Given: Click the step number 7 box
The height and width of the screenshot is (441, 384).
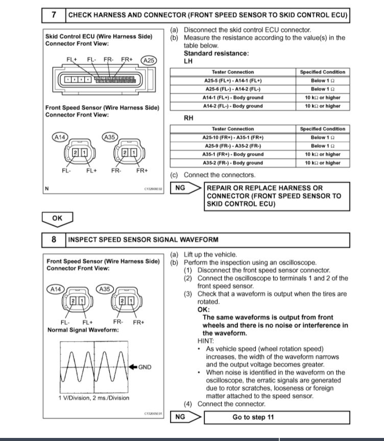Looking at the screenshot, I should click(x=54, y=15).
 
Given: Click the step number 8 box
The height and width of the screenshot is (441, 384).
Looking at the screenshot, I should click(x=54, y=239).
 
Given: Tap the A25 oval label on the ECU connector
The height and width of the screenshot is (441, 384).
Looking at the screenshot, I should click(x=149, y=60).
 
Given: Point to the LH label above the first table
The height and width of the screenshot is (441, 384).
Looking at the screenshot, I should click(x=188, y=61).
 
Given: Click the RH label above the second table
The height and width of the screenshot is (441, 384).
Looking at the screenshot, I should click(x=188, y=118).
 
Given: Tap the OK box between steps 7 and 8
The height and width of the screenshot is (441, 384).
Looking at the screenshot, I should click(x=57, y=218).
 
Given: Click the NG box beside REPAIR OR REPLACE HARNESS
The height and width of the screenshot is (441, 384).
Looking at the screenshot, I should click(x=180, y=188).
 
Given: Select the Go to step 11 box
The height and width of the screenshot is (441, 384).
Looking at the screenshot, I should click(x=253, y=417).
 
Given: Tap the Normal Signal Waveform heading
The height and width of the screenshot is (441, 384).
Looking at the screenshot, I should click(x=83, y=330).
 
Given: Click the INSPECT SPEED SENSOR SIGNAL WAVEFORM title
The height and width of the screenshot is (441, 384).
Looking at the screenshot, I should click(x=143, y=239).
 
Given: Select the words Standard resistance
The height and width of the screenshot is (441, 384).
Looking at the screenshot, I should click(x=216, y=53).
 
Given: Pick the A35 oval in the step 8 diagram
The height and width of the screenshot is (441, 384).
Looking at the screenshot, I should click(x=105, y=289).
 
